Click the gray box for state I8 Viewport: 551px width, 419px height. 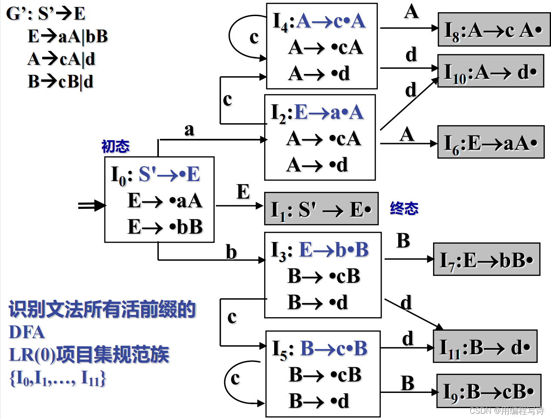pos(494,30)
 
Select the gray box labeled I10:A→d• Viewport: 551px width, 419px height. pos(491,71)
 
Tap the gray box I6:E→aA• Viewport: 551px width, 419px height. pos(491,142)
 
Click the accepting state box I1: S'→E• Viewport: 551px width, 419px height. pos(321,209)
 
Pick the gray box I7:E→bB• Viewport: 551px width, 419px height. pos(487,260)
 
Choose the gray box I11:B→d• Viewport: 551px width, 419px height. pos(485,347)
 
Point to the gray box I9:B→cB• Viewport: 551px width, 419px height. pos(489,391)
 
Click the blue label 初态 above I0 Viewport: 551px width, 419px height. pos(115,146)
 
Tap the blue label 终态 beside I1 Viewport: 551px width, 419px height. pos(404,208)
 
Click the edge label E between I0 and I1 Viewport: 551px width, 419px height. pos(243,192)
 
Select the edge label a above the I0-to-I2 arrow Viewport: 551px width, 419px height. pos(189,130)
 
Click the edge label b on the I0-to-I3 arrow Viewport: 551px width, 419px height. pos(231,252)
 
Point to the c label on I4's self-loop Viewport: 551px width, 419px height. pos(254,37)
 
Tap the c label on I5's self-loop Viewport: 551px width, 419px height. pos(235,379)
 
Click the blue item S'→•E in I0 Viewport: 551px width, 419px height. pos(169,174)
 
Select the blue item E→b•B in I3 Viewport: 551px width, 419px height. pos(334,250)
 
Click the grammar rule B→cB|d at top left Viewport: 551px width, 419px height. pos(60,81)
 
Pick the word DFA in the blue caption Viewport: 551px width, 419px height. pos(27,332)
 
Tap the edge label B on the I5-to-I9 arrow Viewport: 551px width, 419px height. pos(407,383)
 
